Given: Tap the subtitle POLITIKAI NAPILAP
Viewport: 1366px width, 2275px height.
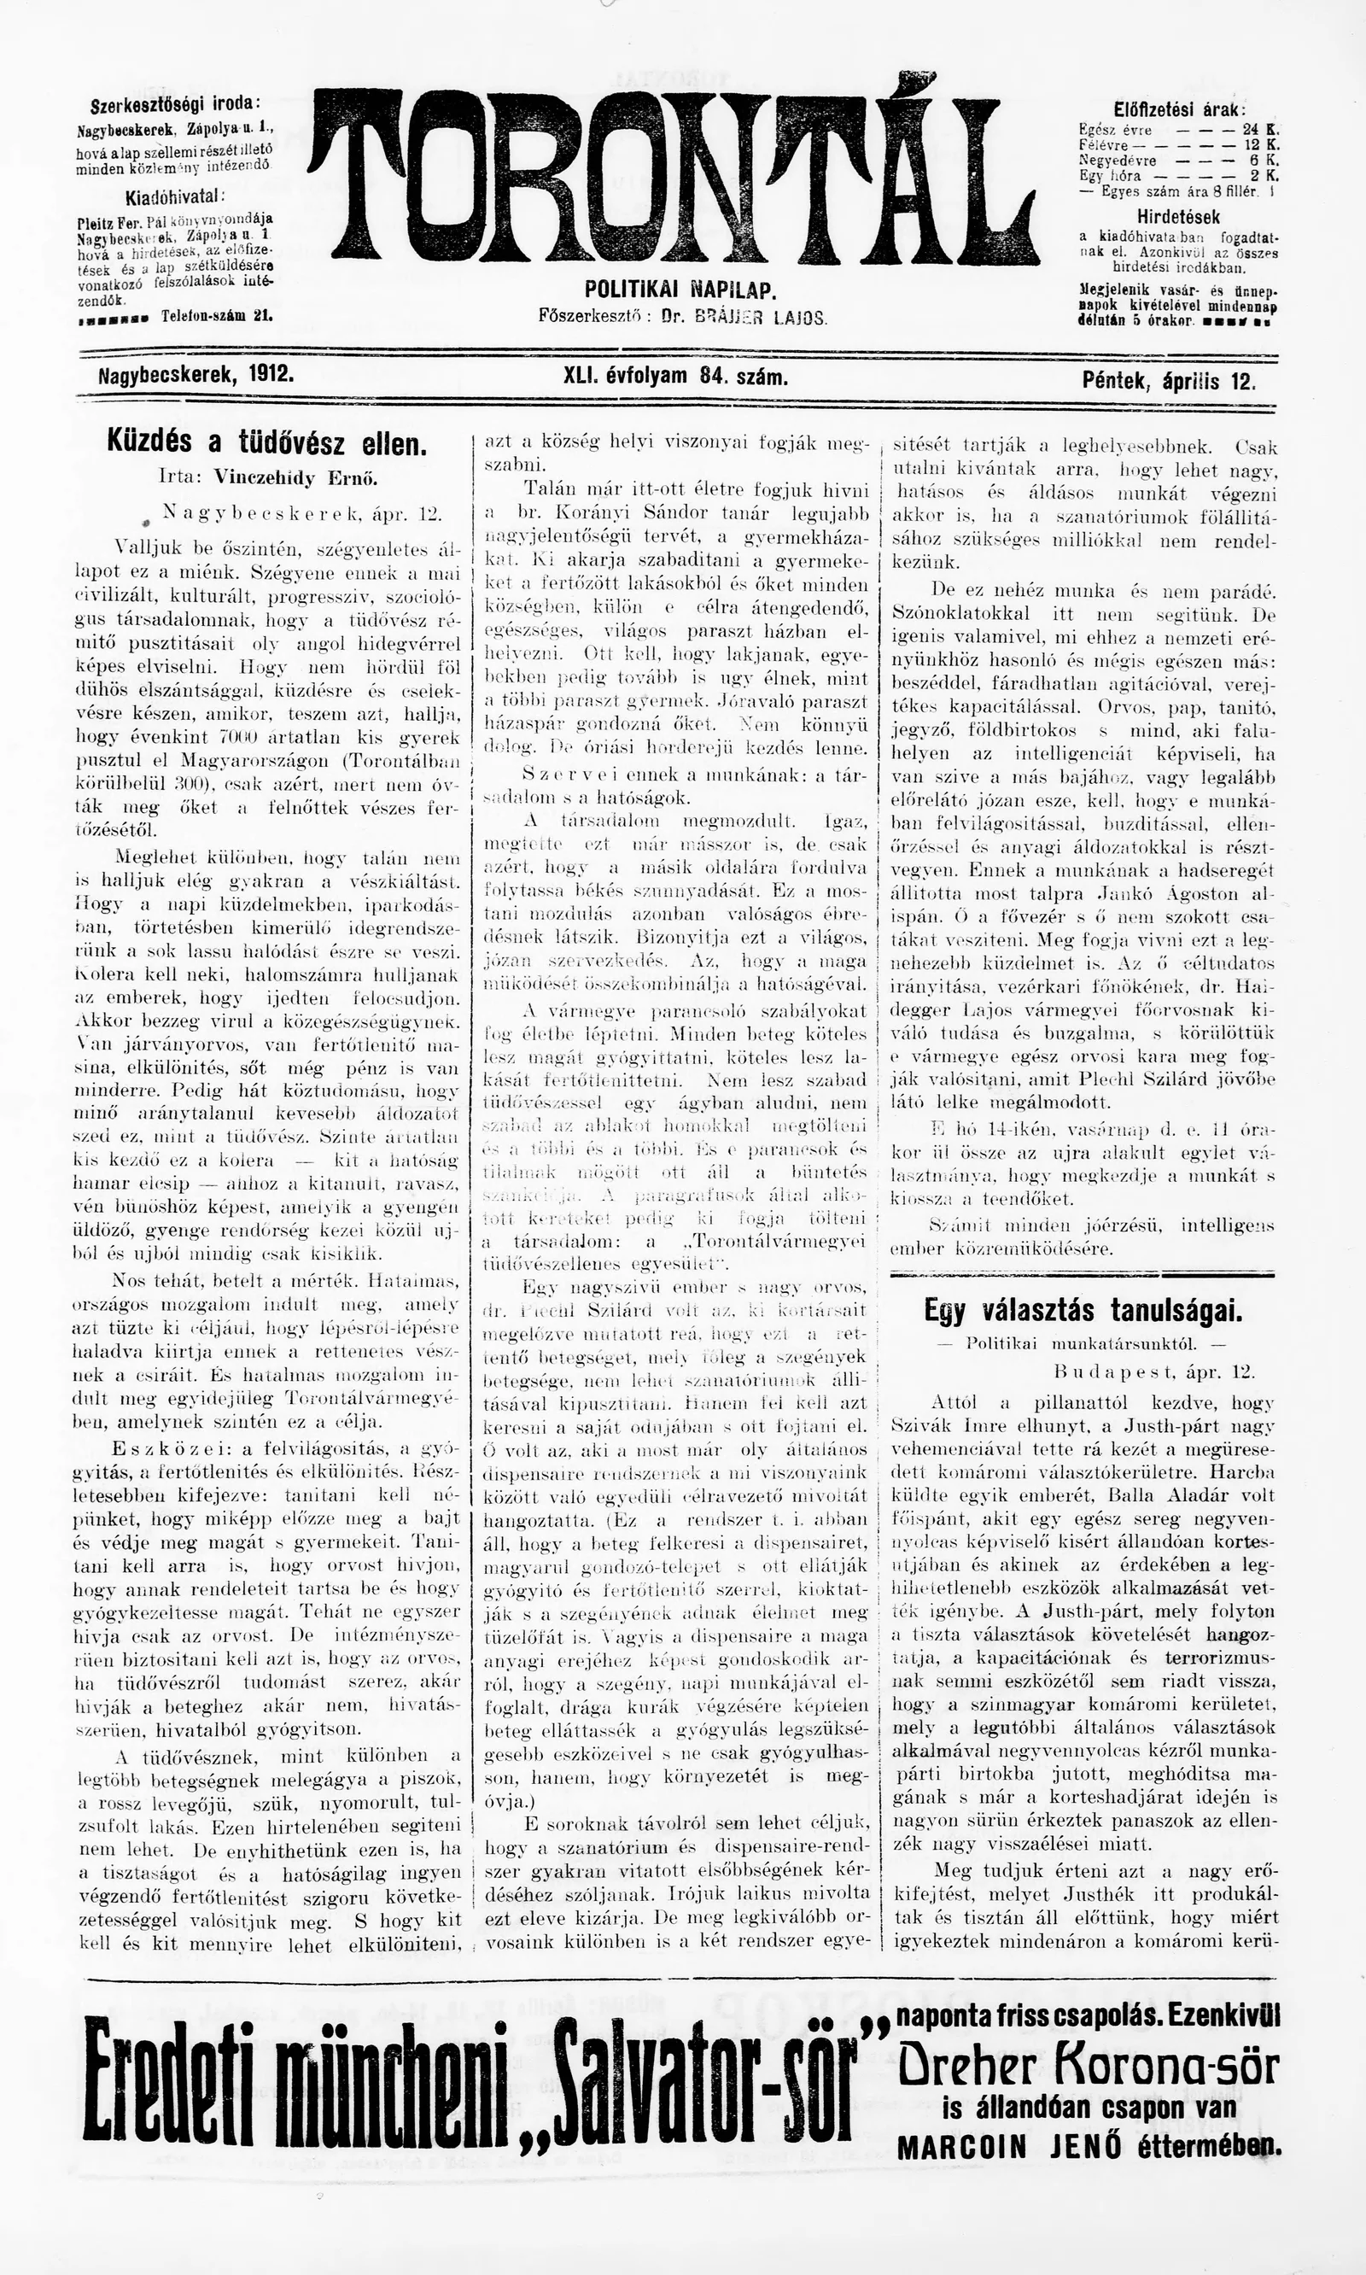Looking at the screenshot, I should [680, 290].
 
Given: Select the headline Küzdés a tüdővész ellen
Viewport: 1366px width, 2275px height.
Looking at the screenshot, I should [267, 445].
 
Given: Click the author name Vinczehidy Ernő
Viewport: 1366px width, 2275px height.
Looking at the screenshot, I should [295, 479].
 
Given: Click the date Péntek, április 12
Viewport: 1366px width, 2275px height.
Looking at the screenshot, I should [1169, 380].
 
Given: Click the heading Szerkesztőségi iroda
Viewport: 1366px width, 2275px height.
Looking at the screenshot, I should [175, 103].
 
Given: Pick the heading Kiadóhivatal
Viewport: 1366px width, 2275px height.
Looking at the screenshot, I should [175, 197].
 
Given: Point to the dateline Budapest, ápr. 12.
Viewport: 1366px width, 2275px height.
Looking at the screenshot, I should [1153, 1371].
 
